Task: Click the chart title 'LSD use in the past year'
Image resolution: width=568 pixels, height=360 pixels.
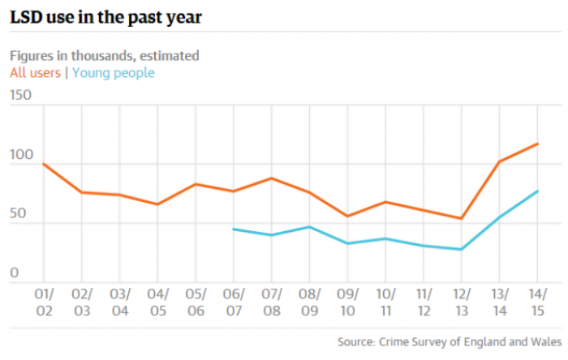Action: (105, 17)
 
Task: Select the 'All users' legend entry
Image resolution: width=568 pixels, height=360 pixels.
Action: (35, 73)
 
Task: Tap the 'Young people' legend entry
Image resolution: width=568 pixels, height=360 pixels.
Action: (114, 73)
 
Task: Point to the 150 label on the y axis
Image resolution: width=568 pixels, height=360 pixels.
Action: (20, 95)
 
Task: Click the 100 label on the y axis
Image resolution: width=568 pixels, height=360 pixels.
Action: (21, 155)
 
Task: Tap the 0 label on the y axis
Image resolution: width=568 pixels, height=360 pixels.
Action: (14, 272)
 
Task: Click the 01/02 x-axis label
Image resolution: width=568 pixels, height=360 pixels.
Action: (44, 302)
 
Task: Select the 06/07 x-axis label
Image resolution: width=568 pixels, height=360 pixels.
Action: (234, 302)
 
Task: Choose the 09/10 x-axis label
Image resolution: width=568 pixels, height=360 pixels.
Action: (348, 302)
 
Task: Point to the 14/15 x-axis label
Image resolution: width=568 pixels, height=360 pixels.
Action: (537, 302)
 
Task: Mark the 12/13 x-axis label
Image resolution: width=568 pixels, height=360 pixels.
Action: (462, 302)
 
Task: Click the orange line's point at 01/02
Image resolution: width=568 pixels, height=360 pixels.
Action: (44, 164)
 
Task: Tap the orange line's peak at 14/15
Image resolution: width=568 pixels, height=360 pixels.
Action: (537, 144)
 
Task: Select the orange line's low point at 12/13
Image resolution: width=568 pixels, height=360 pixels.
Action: (462, 218)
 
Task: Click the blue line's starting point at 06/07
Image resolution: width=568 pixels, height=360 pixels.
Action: (234, 229)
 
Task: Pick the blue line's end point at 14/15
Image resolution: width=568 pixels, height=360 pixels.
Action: (537, 191)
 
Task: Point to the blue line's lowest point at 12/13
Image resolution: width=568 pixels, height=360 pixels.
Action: (462, 249)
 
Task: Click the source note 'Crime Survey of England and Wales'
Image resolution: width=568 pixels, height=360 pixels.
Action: (470, 342)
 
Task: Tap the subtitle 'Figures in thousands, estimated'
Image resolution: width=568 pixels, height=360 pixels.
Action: (105, 56)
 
